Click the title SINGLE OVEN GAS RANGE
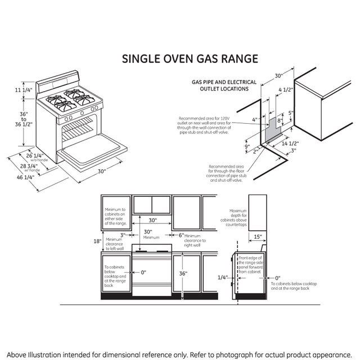[x=191, y=58]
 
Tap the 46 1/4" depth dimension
[x=25, y=177]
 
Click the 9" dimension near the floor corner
[x=247, y=147]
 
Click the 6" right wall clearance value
[x=181, y=235]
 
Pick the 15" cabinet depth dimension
[x=257, y=236]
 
